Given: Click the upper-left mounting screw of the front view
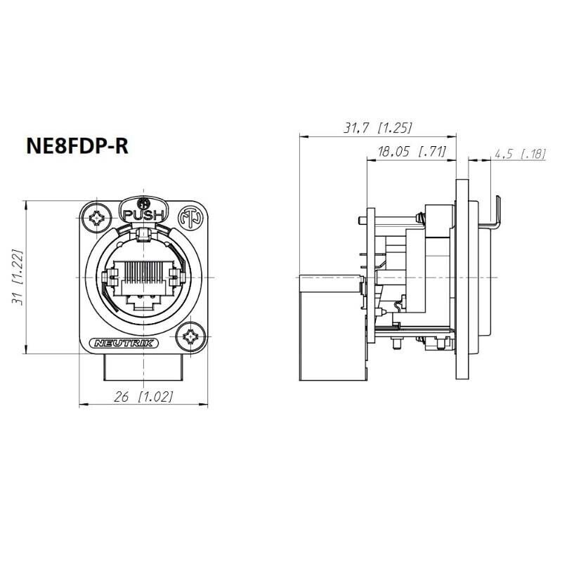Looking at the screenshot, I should click(x=97, y=219).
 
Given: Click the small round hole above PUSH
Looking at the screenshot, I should click(x=143, y=202).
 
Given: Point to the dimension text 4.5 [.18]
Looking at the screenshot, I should click(x=520, y=154).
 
